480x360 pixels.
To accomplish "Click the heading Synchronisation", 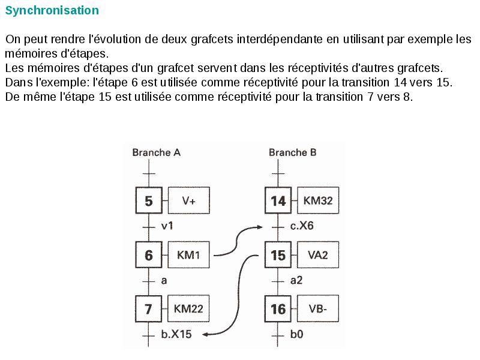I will click(x=52, y=11).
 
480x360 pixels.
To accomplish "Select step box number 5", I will click(x=149, y=201).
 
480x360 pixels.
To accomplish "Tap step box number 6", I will click(x=149, y=255).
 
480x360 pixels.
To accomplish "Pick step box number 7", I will click(x=149, y=310).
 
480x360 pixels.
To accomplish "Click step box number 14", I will click(x=278, y=201).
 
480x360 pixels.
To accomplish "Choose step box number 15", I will click(x=278, y=255).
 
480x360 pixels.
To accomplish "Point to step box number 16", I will click(x=278, y=310).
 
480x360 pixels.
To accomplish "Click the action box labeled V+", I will click(x=189, y=201).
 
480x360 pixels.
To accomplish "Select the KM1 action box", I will click(x=189, y=255).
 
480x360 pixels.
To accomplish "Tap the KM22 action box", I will click(x=189, y=310).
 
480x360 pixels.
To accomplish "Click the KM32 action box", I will click(x=318, y=201).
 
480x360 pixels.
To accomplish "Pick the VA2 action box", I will click(x=318, y=255).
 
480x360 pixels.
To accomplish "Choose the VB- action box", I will click(x=318, y=310).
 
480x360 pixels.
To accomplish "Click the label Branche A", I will click(x=156, y=152).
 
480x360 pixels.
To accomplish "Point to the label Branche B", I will click(x=293, y=152).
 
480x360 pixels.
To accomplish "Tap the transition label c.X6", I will click(x=302, y=227).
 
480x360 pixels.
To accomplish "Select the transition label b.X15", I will click(x=176, y=335).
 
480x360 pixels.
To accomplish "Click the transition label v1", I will click(x=167, y=227).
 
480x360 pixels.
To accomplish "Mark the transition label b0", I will click(x=296, y=335).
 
